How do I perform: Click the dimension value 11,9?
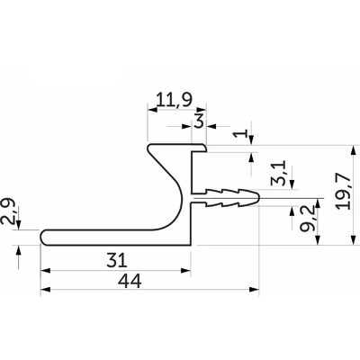point(174,100)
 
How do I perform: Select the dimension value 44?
point(130,282)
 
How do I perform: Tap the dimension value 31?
point(117,260)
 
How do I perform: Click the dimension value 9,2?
point(307,218)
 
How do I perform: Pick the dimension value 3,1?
point(278,174)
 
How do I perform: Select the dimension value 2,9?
point(7,211)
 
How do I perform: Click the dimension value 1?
point(240,133)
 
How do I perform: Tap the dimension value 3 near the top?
point(199,121)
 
